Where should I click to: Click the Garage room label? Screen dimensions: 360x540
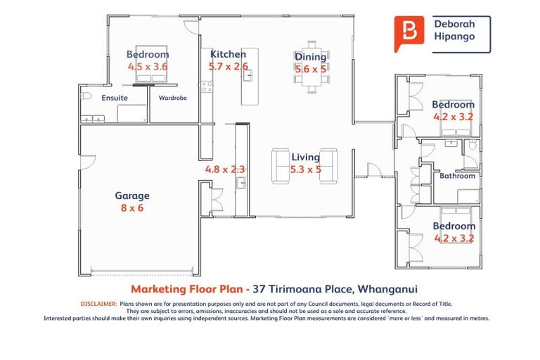point(132,196)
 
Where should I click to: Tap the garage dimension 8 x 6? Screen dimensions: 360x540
point(132,208)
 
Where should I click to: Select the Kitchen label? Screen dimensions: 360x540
point(228,54)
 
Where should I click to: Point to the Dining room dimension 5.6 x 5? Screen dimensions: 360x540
point(310,69)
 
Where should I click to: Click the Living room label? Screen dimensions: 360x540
point(306,157)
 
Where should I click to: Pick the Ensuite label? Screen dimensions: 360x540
point(115,98)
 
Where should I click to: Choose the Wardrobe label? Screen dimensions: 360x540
point(172,98)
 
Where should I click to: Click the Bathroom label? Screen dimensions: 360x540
point(458,176)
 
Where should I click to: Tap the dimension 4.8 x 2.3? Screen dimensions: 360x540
point(224,169)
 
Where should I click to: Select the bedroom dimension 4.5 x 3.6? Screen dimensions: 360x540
point(148,66)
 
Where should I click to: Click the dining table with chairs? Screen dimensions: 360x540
point(310,81)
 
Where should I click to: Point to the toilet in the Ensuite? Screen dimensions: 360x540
point(86,96)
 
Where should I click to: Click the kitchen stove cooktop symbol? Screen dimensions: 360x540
point(207,87)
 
